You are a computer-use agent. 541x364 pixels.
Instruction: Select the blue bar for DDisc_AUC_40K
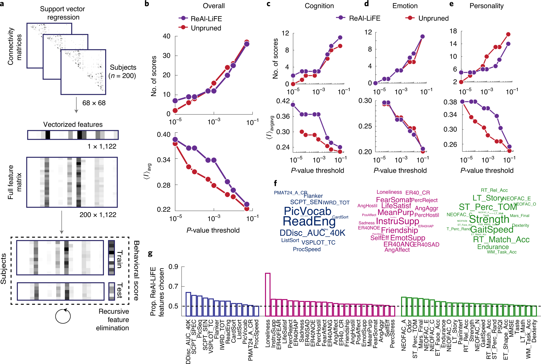click(x=188, y=304)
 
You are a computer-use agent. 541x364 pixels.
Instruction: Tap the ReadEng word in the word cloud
click(x=309, y=221)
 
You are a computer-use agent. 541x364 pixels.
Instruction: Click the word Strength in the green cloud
click(x=489, y=219)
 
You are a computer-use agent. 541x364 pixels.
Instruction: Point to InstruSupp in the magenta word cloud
click(x=397, y=221)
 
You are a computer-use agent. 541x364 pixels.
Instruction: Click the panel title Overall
click(x=214, y=6)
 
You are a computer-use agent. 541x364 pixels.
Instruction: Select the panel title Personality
click(x=486, y=6)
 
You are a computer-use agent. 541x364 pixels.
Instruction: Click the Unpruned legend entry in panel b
click(x=206, y=28)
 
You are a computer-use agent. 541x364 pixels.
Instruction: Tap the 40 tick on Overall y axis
click(x=166, y=36)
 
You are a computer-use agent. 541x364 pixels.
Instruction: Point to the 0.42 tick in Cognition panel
click(x=283, y=101)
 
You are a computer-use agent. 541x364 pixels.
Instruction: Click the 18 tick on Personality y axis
click(x=453, y=31)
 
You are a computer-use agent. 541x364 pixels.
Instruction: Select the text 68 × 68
click(x=94, y=103)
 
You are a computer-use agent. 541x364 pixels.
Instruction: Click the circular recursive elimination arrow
click(x=63, y=316)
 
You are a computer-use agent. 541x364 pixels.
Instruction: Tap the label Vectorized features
click(x=73, y=124)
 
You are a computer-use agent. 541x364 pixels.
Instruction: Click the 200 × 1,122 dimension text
click(x=98, y=215)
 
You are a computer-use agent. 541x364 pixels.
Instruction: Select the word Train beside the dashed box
click(x=119, y=259)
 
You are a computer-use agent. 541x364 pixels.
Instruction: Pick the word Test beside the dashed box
click(x=119, y=291)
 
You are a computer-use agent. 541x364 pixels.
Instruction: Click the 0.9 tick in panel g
click(x=173, y=267)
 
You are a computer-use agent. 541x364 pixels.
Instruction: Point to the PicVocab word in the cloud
click(x=307, y=211)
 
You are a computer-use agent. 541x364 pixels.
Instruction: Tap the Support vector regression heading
click(x=63, y=13)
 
